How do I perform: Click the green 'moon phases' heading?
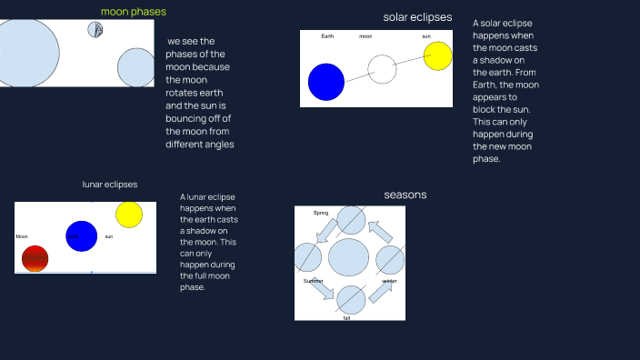point(133,12)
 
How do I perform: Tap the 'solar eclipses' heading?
point(418,17)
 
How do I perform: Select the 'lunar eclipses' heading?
point(110,184)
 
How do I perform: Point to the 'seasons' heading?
point(405,195)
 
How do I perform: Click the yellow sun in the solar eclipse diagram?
point(437,55)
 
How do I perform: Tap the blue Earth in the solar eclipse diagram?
point(326,81)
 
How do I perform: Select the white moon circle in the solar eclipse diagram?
point(382,69)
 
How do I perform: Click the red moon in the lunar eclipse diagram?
point(35,258)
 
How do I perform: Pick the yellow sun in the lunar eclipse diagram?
point(129,215)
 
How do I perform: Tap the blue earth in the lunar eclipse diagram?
point(81,236)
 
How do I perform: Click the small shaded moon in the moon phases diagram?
point(95,29)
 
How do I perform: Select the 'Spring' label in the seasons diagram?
point(321,213)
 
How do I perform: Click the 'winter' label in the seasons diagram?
point(389,282)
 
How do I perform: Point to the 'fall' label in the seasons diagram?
point(346,317)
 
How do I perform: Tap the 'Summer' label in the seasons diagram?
point(314,281)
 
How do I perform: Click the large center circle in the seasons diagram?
point(348,257)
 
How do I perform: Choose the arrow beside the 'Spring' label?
point(324,233)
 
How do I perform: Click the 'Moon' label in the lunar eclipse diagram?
point(22,236)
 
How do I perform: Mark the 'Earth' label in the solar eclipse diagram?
point(327,36)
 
